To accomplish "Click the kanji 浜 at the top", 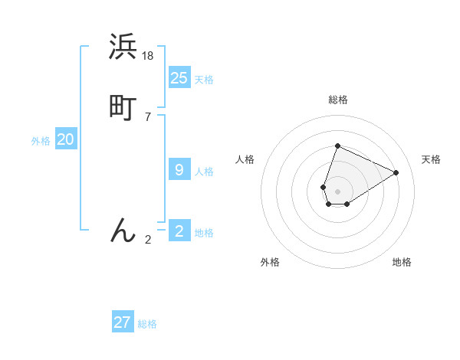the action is (x=123, y=47).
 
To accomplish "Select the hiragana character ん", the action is (x=123, y=230).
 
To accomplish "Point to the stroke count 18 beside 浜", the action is (x=149, y=55).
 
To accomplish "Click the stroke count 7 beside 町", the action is (x=147, y=116).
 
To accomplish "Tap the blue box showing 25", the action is (x=179, y=78).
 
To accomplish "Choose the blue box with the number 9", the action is (x=179, y=170).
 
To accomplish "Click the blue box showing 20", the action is (x=66, y=139).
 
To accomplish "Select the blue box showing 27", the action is (x=123, y=322).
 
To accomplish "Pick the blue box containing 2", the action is (x=179, y=231).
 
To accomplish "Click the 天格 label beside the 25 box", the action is (x=204, y=80).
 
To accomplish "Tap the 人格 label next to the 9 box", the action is (x=204, y=172).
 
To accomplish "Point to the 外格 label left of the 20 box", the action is (x=41, y=141).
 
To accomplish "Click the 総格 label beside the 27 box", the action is (x=147, y=324).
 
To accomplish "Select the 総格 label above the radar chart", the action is (x=337, y=100).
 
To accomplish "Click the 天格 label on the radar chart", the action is (x=431, y=159).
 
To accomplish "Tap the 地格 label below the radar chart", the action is (x=402, y=262).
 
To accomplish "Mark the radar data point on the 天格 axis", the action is (x=396, y=172).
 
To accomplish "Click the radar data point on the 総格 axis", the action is (x=337, y=146).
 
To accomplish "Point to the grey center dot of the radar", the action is (x=337, y=191).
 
